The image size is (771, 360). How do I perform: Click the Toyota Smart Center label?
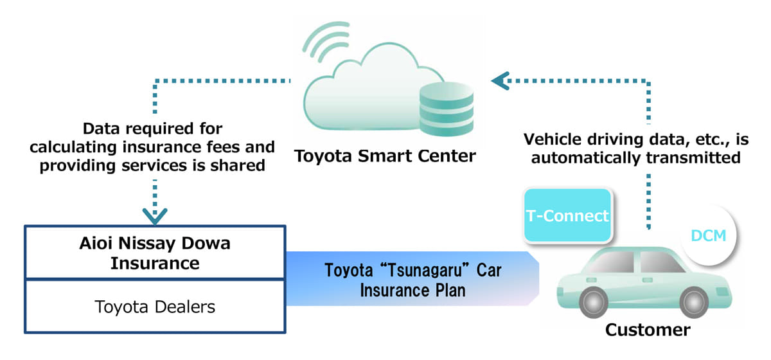(x=385, y=156)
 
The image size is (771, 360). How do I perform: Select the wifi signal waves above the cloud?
(x=325, y=44)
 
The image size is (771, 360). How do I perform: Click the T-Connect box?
(x=567, y=215)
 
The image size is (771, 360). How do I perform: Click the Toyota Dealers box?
(x=155, y=307)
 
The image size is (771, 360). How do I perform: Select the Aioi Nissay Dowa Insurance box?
(x=155, y=253)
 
